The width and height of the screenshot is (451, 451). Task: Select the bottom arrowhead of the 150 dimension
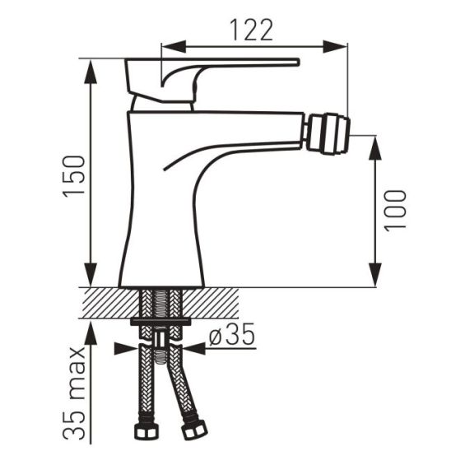[88, 281]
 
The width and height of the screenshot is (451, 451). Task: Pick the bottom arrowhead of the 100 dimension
[376, 281]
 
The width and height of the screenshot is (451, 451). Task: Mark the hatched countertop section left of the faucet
[103, 303]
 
